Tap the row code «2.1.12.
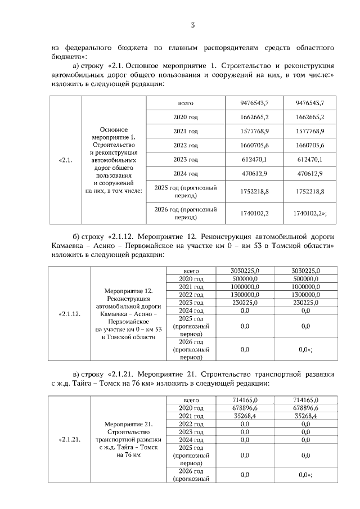(x=70, y=314)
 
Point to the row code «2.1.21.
(x=70, y=439)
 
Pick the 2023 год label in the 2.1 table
(x=185, y=160)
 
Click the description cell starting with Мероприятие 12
(x=129, y=314)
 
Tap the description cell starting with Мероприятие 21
(x=129, y=439)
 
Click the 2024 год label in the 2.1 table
(x=185, y=174)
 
